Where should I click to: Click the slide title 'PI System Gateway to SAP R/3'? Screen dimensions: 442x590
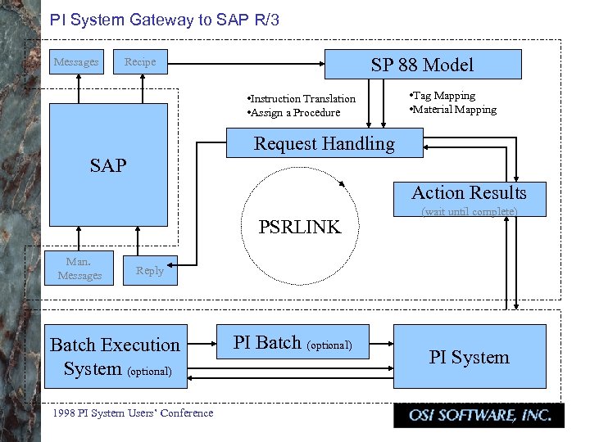tap(165, 20)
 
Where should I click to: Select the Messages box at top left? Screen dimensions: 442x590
tap(76, 62)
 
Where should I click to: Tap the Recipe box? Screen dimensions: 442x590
tap(139, 62)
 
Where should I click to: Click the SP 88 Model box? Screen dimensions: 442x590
tap(422, 65)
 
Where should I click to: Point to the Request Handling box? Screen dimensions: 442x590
tap(324, 144)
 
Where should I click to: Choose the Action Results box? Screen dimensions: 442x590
tap(469, 193)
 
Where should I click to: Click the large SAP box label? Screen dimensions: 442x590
tap(108, 166)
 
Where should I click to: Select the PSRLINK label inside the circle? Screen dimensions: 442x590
tap(299, 228)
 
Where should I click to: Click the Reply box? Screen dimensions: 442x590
tap(149, 271)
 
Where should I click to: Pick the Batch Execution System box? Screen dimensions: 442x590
tap(115, 357)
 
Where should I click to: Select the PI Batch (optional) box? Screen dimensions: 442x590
tap(293, 343)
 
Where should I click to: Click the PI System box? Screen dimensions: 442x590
tap(469, 357)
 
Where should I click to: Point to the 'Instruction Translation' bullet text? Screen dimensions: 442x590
tap(302, 99)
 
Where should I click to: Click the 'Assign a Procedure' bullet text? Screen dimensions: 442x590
tap(293, 113)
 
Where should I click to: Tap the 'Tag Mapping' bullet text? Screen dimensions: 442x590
tap(442, 96)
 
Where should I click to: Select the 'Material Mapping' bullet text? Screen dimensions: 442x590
tap(452, 110)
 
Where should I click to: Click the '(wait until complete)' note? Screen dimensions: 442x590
tap(469, 212)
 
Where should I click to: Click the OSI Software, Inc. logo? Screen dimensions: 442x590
tap(478, 416)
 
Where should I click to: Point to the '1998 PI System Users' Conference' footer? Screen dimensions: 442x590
tap(132, 413)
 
